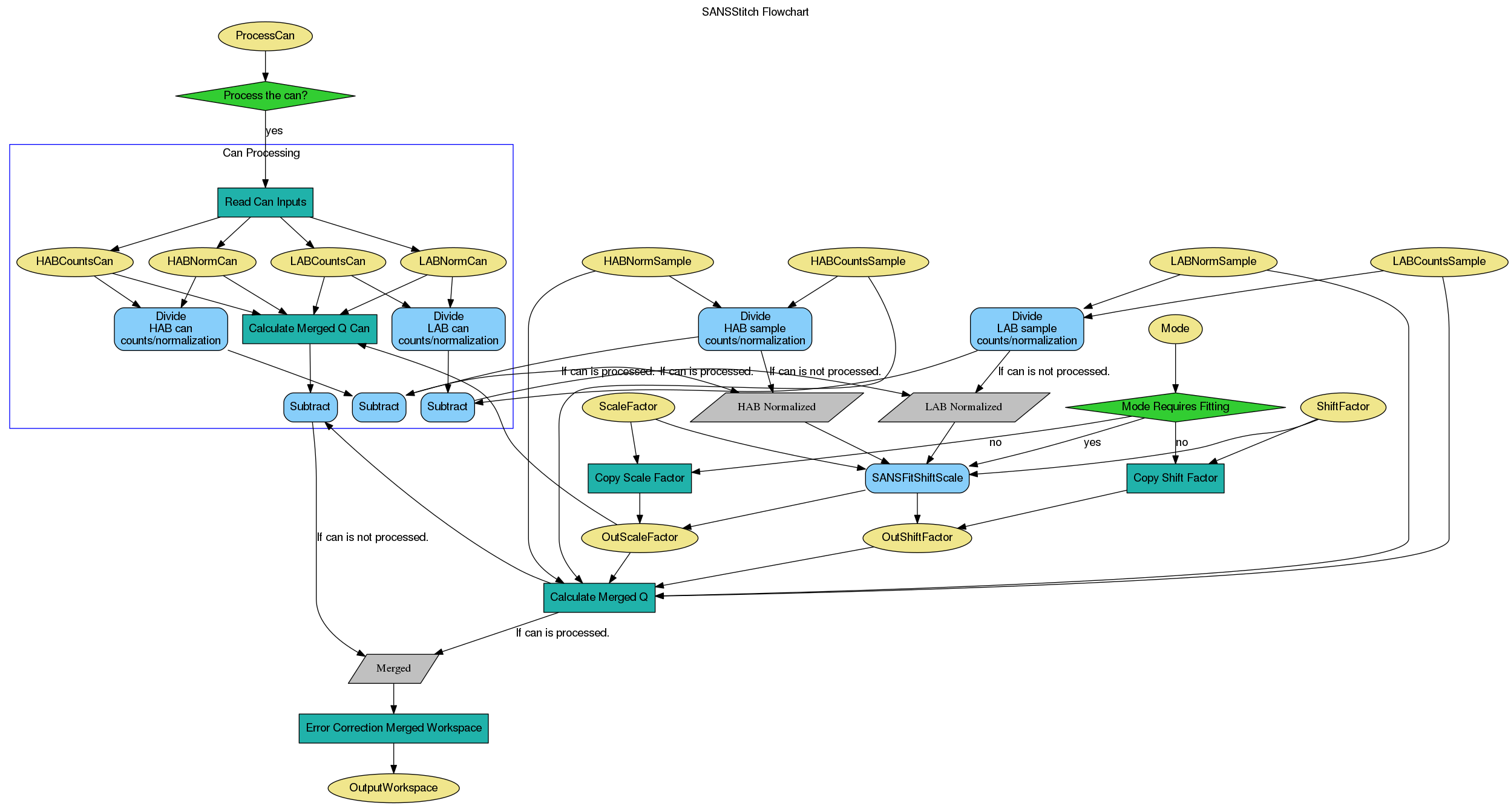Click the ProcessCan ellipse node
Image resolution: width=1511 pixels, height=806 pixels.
265,36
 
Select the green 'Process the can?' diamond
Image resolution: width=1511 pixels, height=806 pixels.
265,96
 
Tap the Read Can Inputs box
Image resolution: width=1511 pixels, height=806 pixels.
265,202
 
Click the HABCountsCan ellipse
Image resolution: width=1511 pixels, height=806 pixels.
74,261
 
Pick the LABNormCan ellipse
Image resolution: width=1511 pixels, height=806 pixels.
453,261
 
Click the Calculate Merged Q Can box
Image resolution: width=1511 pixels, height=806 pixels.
309,329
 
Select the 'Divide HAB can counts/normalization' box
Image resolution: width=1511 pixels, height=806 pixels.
171,329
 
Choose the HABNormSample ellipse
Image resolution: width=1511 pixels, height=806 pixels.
647,261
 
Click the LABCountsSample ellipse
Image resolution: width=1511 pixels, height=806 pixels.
1438,261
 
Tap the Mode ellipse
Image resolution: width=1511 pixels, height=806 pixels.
1175,329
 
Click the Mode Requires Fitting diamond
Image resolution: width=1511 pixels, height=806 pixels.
1175,407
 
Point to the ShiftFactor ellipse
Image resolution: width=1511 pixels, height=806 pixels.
1342,407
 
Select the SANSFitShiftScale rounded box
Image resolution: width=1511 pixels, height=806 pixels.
917,478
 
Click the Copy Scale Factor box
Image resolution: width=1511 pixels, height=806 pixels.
639,478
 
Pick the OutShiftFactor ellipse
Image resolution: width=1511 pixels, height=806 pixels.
917,537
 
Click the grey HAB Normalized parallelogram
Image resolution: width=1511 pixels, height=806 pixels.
776,407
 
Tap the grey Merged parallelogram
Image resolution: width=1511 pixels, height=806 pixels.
393,669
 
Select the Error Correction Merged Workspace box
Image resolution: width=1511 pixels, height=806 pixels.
393,728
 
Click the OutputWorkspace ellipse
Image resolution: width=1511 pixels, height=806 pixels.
393,788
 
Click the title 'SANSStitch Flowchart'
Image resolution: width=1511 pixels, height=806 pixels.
755,12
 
